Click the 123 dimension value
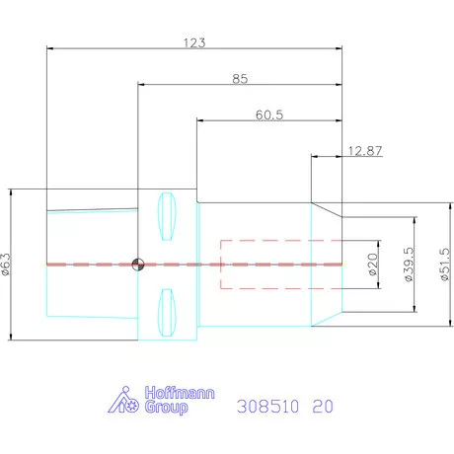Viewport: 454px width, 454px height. click(x=194, y=42)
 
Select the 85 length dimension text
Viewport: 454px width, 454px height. click(x=240, y=79)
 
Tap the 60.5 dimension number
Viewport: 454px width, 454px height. click(x=269, y=114)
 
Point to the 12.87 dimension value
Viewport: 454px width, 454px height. click(x=365, y=151)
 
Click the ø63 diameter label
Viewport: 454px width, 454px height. click(x=6, y=265)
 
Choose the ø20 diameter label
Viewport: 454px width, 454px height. click(x=372, y=265)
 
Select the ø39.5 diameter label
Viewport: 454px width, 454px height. click(x=409, y=265)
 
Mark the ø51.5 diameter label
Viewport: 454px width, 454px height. click(x=444, y=265)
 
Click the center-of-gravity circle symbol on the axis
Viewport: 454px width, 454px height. click(x=138, y=265)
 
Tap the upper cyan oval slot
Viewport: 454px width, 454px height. click(x=167, y=216)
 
